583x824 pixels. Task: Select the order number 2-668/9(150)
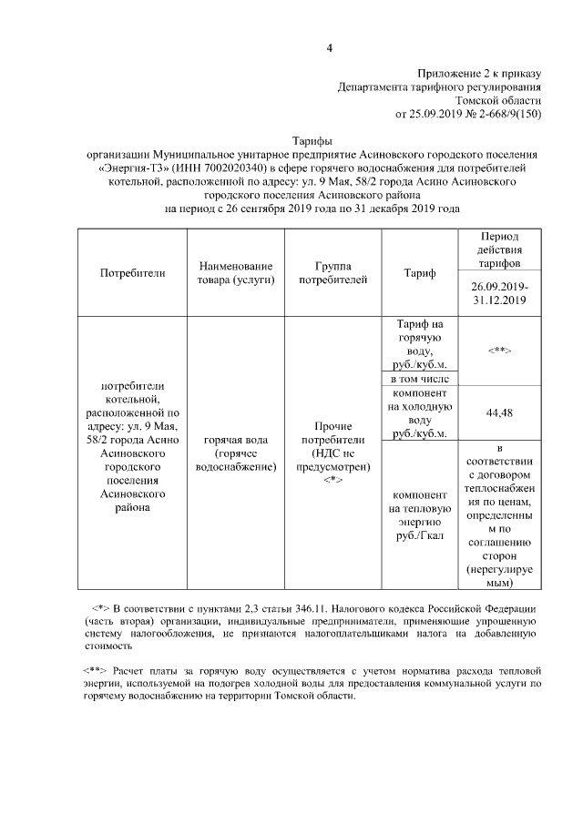[x=500, y=115]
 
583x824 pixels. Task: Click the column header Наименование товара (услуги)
[x=235, y=272]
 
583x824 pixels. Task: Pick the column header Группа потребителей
[x=332, y=272]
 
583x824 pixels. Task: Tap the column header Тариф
[x=419, y=272]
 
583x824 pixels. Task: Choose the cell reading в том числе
[x=419, y=378]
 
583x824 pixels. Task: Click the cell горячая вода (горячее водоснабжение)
[x=235, y=453]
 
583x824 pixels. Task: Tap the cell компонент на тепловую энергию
[x=419, y=516]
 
